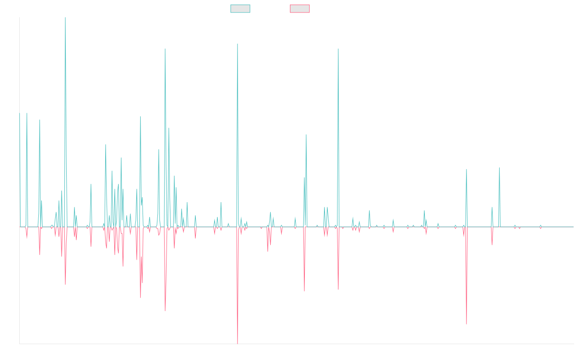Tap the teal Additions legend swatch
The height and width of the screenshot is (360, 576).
point(240,9)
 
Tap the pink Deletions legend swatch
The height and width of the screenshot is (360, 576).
point(300,9)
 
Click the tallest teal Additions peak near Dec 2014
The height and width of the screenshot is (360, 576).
point(65,18)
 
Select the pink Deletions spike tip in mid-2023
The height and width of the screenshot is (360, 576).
point(467,324)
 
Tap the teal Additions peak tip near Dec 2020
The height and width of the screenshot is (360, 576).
point(338,49)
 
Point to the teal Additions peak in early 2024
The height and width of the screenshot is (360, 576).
point(499,168)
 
